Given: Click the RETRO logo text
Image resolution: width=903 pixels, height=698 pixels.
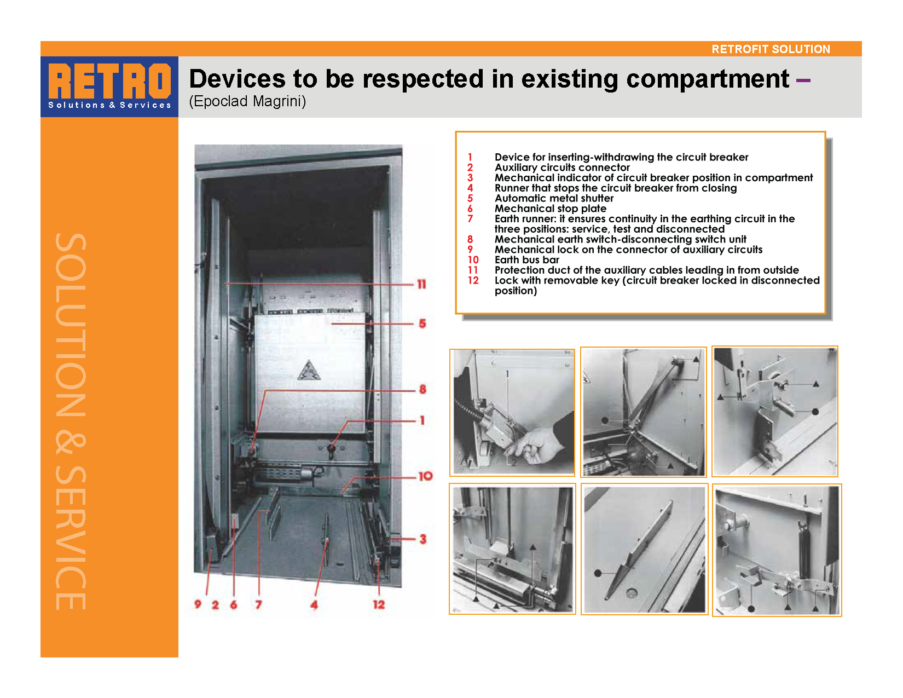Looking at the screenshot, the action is point(109,81).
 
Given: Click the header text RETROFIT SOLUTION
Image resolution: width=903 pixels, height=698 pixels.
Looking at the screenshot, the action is point(771,49).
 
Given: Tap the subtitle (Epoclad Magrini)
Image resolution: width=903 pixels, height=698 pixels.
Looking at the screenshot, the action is point(247,101).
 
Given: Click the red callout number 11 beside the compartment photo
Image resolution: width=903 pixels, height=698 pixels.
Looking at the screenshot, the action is point(421,284).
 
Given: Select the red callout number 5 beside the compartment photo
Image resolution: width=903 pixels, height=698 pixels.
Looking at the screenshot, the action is point(422,324).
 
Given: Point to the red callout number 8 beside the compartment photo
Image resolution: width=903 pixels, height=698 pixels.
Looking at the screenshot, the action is point(422,389).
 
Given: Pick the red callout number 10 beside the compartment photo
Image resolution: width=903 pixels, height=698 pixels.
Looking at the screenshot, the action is point(425,476).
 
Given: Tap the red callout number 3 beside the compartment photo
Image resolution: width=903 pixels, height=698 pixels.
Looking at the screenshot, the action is point(422,539).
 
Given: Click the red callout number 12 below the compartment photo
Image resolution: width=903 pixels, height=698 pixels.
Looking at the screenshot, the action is point(379,604).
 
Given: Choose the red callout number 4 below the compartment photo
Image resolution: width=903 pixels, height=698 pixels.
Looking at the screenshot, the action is point(314,604).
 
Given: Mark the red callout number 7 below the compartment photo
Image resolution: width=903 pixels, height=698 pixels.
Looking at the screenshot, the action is point(258,604).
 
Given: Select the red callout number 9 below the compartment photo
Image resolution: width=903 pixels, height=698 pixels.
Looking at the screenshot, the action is point(198,604).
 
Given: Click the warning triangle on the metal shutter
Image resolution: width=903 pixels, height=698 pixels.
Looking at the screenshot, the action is point(309,370).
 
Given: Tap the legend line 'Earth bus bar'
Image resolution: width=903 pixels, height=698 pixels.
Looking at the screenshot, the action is point(526,260).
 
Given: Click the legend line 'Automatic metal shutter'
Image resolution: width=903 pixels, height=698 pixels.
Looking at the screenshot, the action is point(554,198).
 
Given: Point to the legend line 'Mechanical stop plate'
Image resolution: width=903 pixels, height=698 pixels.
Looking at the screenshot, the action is point(550,208).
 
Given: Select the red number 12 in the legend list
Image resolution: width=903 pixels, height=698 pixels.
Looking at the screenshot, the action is point(473,280).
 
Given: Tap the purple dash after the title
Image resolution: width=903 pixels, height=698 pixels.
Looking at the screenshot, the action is point(803,80).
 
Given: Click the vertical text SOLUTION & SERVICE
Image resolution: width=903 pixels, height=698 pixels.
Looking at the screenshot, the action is point(71,422).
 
